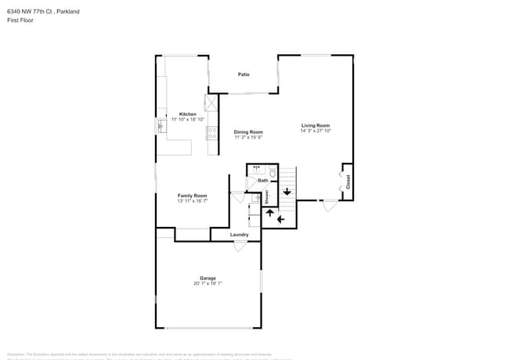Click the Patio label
[x=244, y=74]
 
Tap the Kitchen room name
[x=188, y=114]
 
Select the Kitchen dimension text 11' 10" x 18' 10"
[x=188, y=120]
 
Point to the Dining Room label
[x=248, y=132]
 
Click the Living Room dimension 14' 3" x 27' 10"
[x=316, y=131]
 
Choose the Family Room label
[x=192, y=195]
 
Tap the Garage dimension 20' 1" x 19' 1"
[x=208, y=283]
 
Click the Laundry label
[x=240, y=235]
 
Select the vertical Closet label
[x=348, y=182]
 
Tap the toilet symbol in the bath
[x=272, y=171]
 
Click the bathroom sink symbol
[x=255, y=168]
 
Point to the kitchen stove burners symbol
[x=211, y=131]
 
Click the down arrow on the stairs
[x=287, y=190]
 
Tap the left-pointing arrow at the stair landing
[x=280, y=219]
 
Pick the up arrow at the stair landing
[x=269, y=213]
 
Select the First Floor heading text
[x=19, y=20]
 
